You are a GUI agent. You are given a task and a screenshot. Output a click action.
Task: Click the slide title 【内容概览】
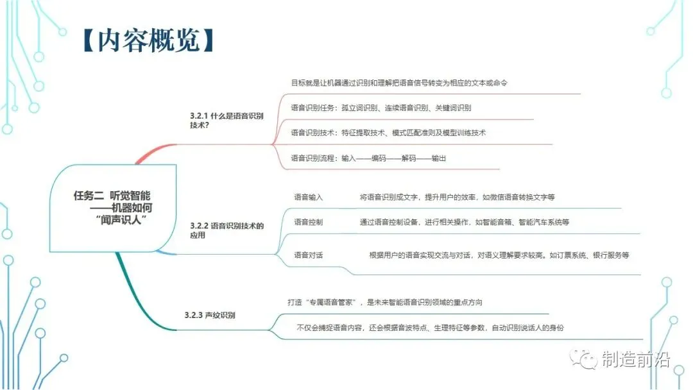pos(148,40)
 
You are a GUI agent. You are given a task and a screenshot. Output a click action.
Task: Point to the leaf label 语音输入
pos(309,198)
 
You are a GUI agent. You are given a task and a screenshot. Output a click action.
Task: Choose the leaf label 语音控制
pos(309,222)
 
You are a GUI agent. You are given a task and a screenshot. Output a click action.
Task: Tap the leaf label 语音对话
pos(309,255)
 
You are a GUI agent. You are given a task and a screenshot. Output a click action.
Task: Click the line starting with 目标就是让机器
pos(399,83)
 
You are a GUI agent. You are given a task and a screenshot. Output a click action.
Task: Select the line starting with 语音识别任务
pos(381,108)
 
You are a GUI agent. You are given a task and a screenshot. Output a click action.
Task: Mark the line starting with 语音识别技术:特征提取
pos(388,133)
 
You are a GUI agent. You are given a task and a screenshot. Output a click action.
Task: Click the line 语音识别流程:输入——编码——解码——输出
pos(368,158)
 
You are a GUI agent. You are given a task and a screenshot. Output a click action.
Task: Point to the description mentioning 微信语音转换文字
pos(457,198)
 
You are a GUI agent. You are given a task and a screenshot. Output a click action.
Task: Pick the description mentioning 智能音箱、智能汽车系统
pos(464,222)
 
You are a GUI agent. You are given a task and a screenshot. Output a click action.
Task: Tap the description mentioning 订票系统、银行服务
pos(499,255)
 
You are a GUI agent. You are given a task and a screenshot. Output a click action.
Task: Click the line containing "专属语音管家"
pos(384,302)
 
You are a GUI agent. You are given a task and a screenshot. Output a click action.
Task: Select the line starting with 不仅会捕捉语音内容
pos(430,328)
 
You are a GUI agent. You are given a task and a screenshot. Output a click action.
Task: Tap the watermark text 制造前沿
pos(635,359)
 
